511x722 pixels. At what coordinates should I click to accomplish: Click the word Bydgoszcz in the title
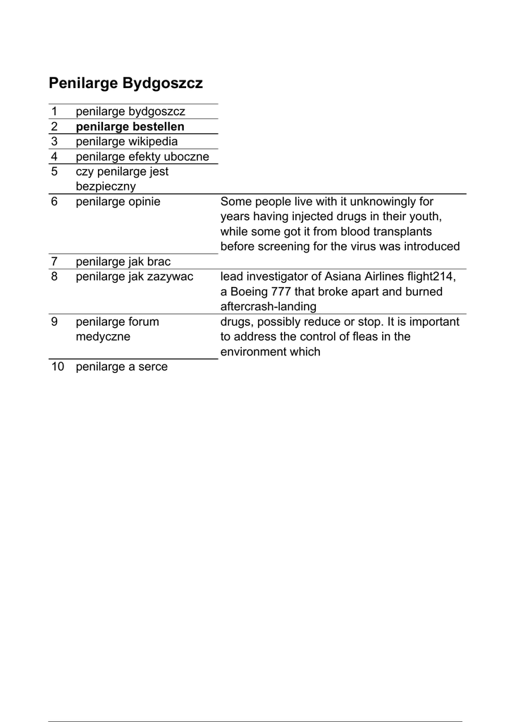163,83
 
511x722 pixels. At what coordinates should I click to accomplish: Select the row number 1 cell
54,111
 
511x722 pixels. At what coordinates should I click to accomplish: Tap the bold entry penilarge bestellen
130,127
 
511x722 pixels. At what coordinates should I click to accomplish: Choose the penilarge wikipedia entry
127,142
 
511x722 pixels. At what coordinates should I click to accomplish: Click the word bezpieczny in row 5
106,187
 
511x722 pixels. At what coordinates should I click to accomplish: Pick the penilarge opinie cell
118,202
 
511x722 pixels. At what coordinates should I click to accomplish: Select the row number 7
54,262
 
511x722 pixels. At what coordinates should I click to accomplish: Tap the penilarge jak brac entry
123,262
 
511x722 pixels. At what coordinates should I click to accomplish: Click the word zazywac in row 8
170,276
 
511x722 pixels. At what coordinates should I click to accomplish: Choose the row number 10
57,367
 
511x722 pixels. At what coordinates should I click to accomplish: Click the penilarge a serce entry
121,367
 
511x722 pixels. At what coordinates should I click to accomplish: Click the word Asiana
341,276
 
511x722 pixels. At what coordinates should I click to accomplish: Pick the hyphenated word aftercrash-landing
269,307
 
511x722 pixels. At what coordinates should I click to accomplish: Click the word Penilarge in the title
84,83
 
